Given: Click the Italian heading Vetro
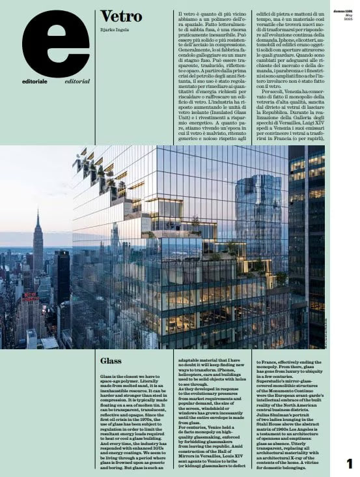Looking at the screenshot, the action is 117,17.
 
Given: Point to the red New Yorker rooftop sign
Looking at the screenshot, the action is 30,298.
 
